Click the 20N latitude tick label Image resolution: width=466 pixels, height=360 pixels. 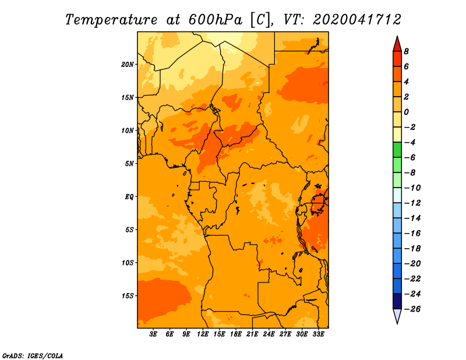pyautogui.click(x=128, y=65)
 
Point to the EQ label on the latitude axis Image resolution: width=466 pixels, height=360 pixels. pyautogui.click(x=129, y=197)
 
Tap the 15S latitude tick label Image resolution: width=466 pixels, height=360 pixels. pyautogui.click(x=128, y=296)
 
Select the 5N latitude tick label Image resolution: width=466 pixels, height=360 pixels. pyautogui.click(x=129, y=164)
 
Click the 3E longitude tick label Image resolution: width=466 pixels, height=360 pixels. pyautogui.click(x=153, y=334)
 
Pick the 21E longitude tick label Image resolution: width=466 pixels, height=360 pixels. pyautogui.click(x=252, y=334)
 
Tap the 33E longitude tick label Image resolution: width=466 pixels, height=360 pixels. pyautogui.click(x=318, y=334)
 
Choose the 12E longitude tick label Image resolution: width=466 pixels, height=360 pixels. pyautogui.click(x=202, y=334)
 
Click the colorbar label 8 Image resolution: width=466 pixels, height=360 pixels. pyautogui.click(x=406, y=51)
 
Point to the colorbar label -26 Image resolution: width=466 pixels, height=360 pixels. pyautogui.click(x=412, y=309)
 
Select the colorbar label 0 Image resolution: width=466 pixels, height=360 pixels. pyautogui.click(x=406, y=112)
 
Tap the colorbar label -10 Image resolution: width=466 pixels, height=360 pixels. pyautogui.click(x=412, y=188)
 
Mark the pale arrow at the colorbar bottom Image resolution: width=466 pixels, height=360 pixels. pyautogui.click(x=397, y=315)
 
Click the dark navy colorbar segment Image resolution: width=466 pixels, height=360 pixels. pyautogui.click(x=397, y=301)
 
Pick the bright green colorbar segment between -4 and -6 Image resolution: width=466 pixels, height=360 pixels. pyautogui.click(x=397, y=150)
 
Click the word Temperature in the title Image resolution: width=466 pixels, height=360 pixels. pyautogui.click(x=111, y=20)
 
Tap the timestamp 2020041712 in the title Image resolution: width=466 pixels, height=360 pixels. pyautogui.click(x=356, y=20)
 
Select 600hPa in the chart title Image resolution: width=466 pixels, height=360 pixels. pyautogui.click(x=215, y=20)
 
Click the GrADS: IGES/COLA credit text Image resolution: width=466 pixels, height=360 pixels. pyautogui.click(x=33, y=355)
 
